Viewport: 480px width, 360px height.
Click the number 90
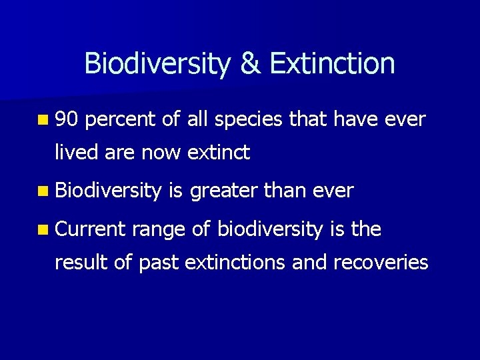(x=67, y=120)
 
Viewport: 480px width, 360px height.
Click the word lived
(x=75, y=153)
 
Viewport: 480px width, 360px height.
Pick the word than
(x=286, y=191)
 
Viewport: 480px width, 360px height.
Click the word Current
(x=89, y=230)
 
